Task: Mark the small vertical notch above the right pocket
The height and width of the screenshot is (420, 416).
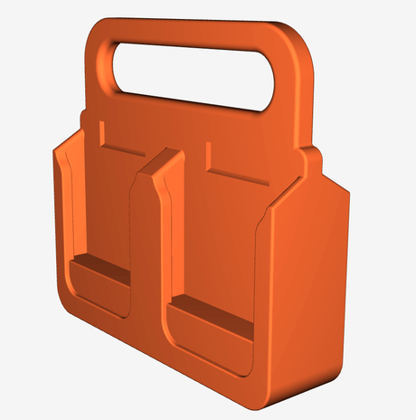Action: (x=209, y=155)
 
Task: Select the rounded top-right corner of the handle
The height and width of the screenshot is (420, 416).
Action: (x=303, y=45)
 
